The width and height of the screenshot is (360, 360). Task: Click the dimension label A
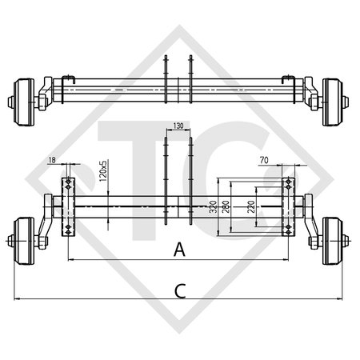coord(179,250)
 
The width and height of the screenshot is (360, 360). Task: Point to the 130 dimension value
coord(178,126)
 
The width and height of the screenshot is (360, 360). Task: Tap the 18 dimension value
coord(51,162)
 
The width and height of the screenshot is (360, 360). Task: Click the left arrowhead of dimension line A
coord(70,260)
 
